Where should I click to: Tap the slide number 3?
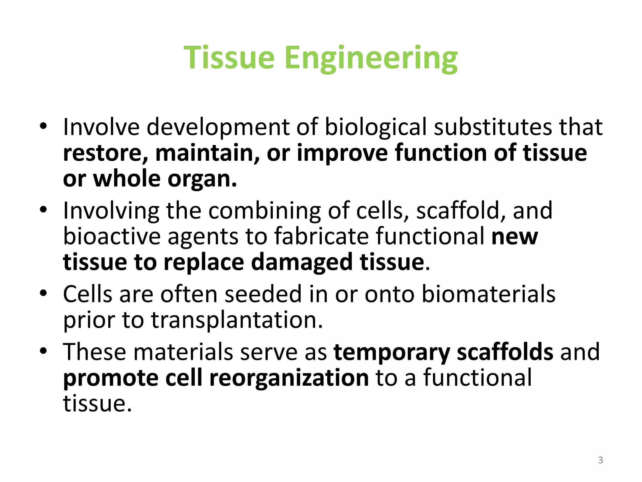[x=600, y=460]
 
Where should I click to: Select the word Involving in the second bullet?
[x=111, y=211]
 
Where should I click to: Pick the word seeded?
[x=263, y=294]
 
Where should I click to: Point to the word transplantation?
[x=237, y=320]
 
